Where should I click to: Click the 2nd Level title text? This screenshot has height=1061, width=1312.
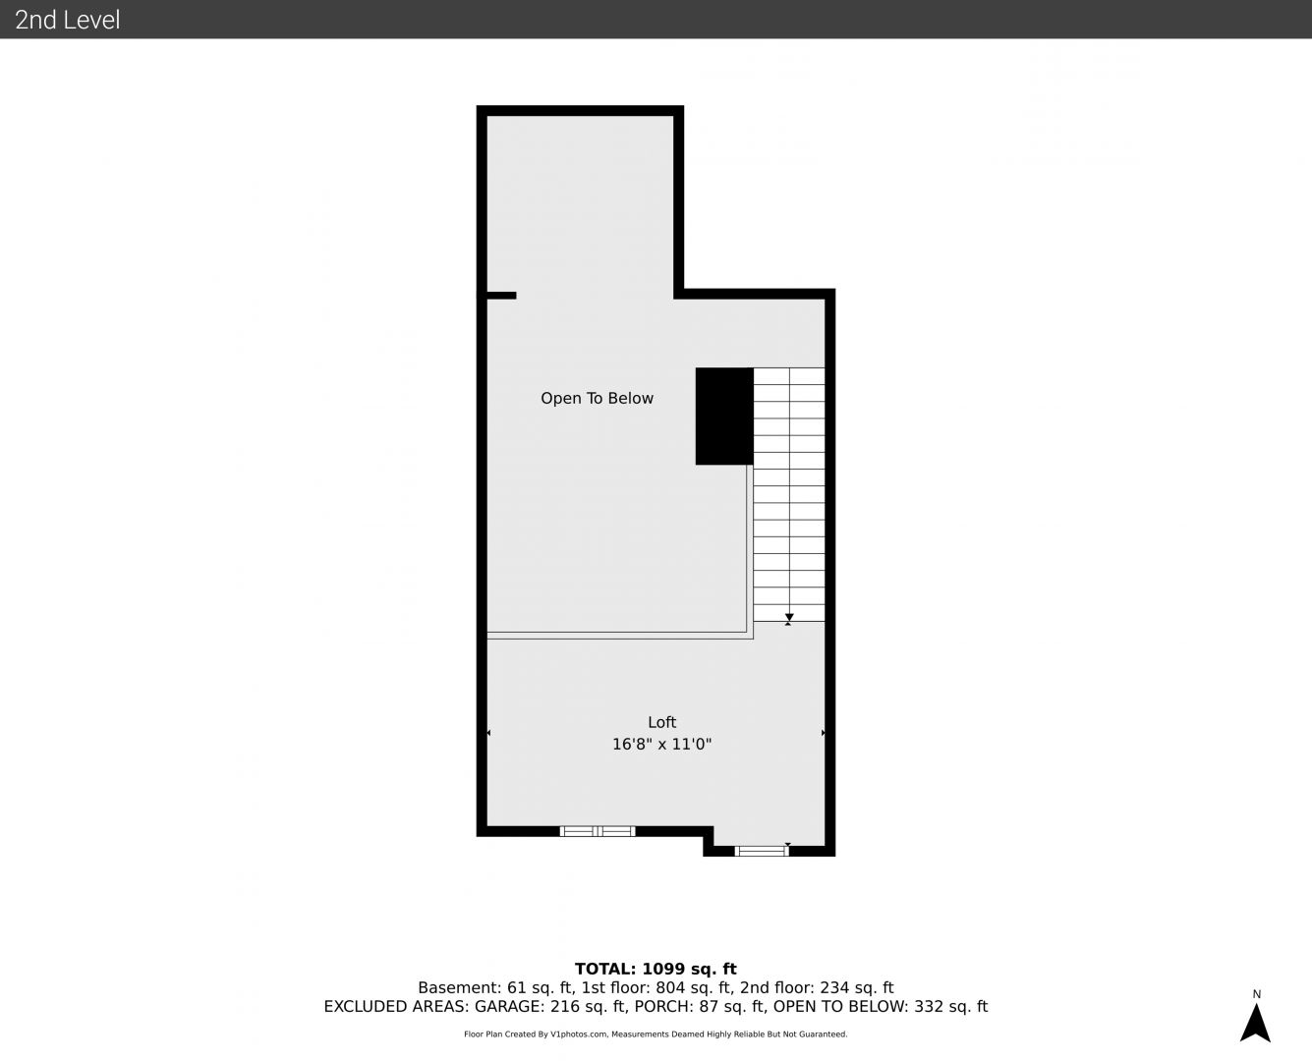tap(67, 20)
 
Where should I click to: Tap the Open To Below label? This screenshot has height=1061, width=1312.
tap(597, 399)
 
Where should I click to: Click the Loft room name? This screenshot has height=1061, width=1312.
tap(661, 722)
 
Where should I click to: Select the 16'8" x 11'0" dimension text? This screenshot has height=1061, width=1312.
tap(661, 745)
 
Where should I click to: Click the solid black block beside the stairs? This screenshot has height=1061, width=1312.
tap(724, 417)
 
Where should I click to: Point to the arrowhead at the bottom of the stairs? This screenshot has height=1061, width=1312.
tap(789, 617)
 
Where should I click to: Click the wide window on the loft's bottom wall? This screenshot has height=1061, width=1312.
tap(597, 831)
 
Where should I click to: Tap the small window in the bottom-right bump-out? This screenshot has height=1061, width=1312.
tap(762, 851)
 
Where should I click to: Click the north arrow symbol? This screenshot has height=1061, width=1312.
tap(1255, 1023)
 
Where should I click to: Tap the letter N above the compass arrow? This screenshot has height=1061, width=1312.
tap(1257, 994)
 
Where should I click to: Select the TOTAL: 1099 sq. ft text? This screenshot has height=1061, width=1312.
tap(656, 970)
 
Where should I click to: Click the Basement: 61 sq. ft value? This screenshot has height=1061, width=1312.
tap(496, 987)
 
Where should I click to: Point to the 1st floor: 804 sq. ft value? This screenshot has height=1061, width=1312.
tap(657, 987)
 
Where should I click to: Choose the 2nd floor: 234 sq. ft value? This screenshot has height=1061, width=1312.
tap(816, 987)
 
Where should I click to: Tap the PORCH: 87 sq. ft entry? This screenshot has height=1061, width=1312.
tap(701, 1006)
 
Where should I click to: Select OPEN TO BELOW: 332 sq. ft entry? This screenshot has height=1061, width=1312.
tap(881, 1006)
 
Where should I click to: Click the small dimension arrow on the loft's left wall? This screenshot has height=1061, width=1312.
tap(488, 733)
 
